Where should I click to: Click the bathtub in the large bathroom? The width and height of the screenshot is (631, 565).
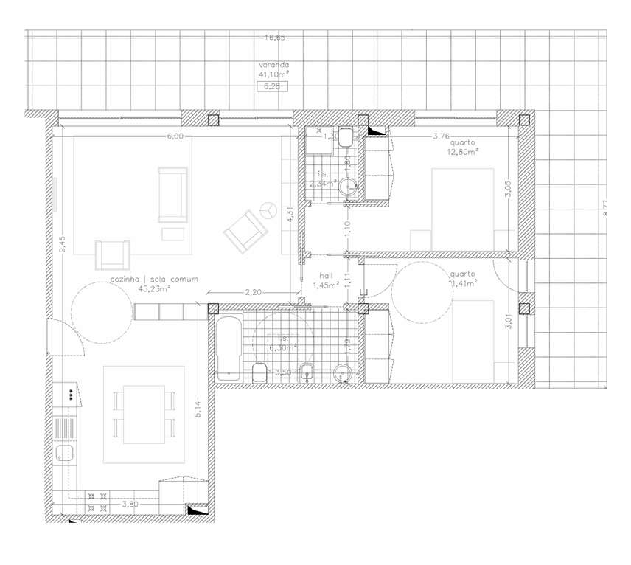[x=229, y=349]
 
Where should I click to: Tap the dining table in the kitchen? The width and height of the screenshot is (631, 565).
[x=144, y=415]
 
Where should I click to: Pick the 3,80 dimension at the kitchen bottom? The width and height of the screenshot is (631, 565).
[x=129, y=504]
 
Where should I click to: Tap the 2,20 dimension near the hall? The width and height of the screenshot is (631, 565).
[x=253, y=292]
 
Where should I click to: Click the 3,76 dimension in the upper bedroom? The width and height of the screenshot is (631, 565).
[x=441, y=136]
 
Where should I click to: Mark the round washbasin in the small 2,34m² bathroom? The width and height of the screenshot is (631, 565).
[x=346, y=187]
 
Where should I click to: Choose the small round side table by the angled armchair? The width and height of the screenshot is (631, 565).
[x=268, y=210]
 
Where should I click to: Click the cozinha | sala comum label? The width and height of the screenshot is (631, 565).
[x=156, y=280]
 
